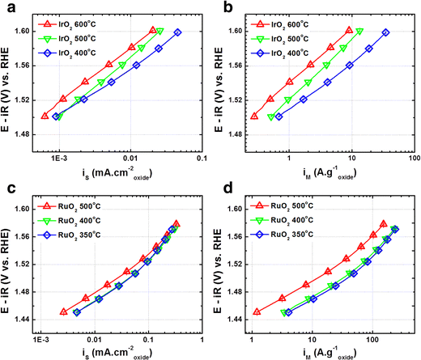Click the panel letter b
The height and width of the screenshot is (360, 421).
tap(220, 7)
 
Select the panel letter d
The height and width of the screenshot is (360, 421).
tap(220, 188)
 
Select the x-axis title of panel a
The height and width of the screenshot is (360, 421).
tap(119, 168)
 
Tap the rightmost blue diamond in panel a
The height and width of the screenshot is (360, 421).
tap(177, 32)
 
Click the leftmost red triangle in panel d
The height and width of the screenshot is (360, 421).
tap(257, 311)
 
